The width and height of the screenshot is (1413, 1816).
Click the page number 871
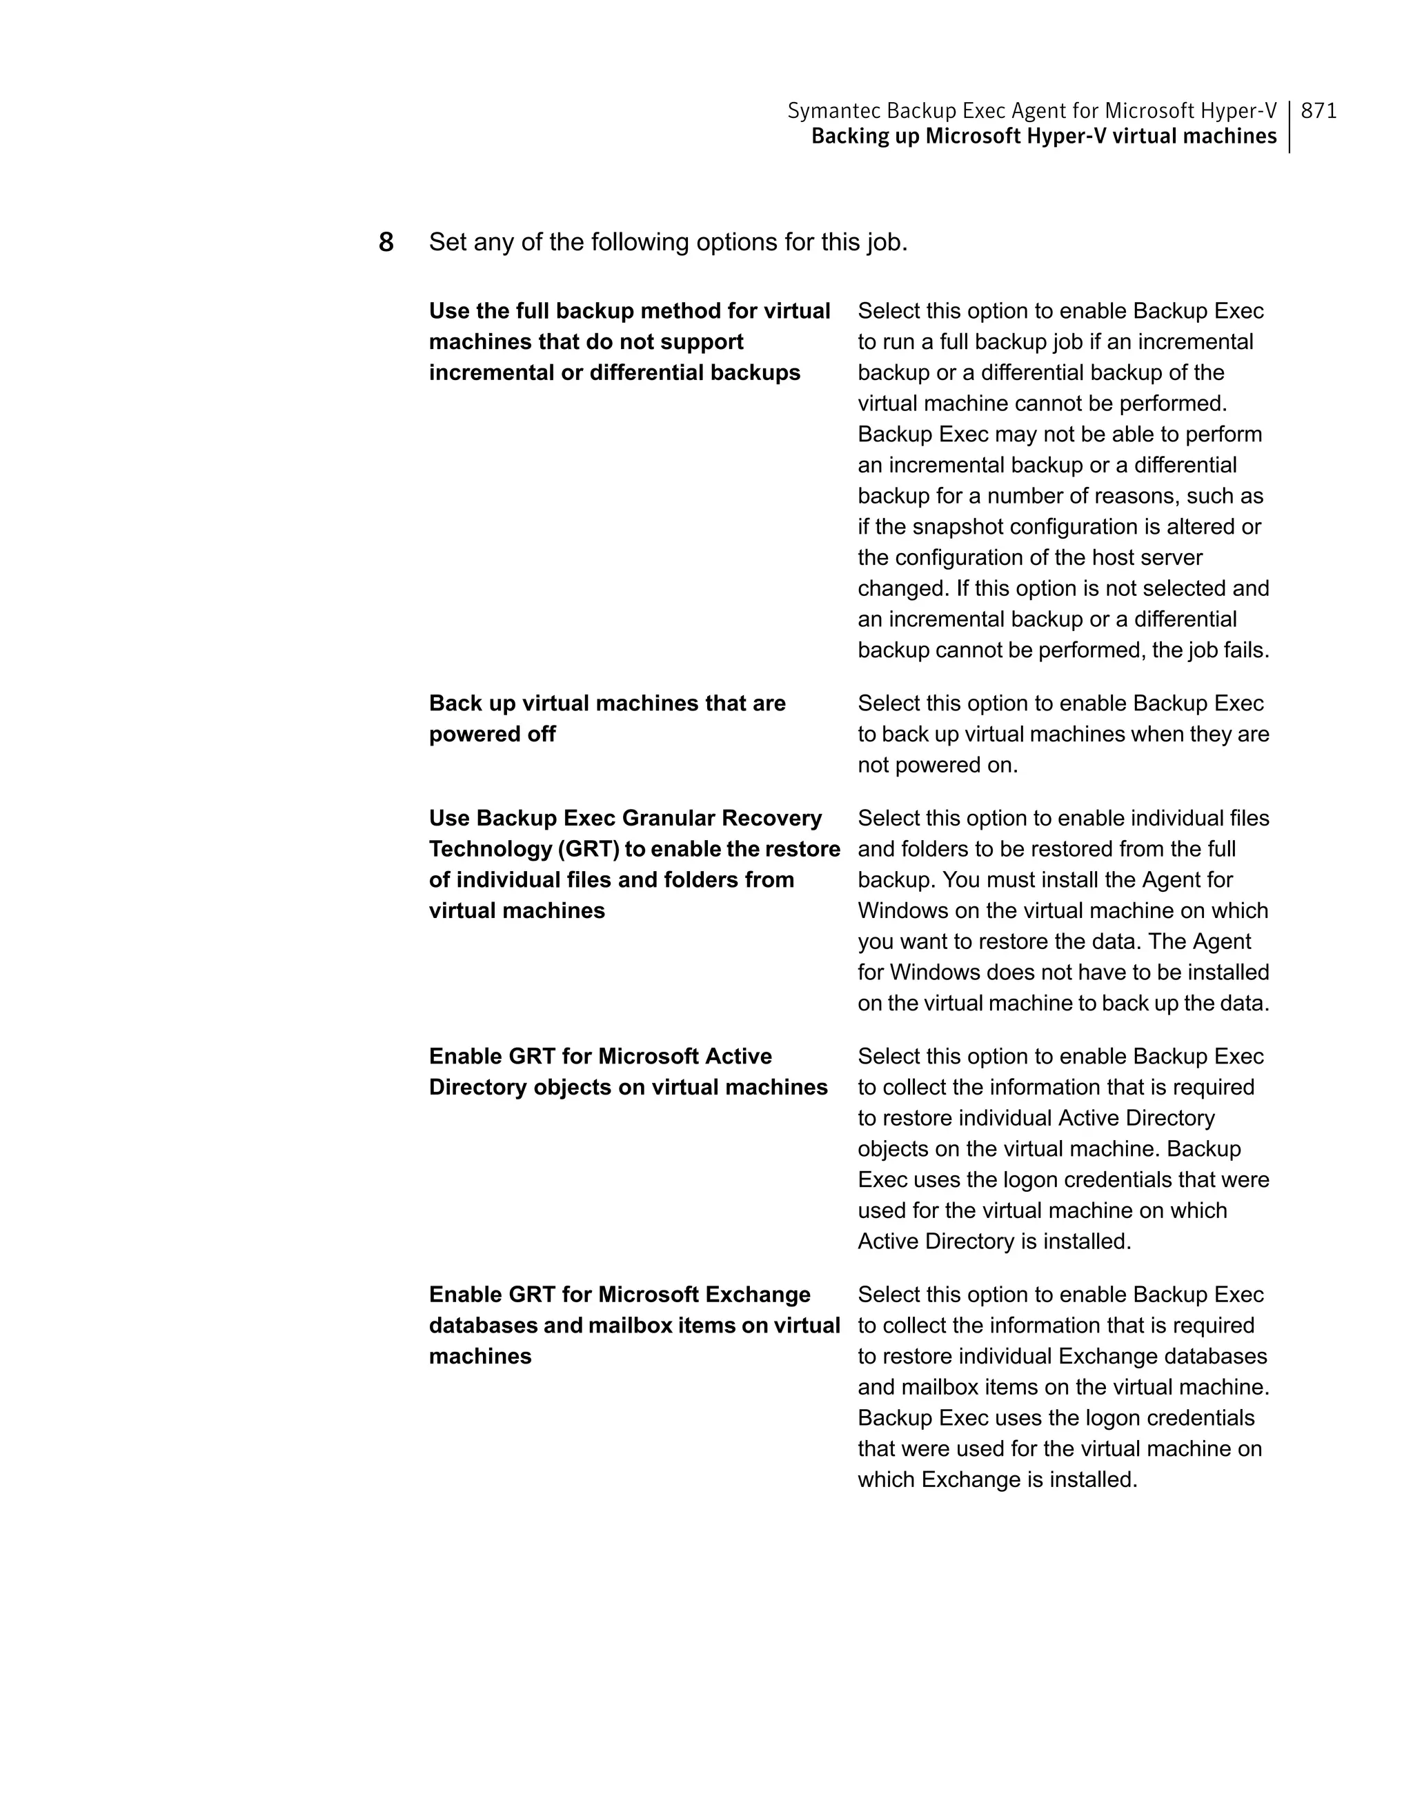coord(1318,110)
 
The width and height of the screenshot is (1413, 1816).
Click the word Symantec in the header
coord(833,110)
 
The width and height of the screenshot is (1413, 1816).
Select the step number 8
coord(386,243)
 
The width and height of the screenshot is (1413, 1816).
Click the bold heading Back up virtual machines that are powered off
coord(607,719)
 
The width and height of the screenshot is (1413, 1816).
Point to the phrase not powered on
coord(938,765)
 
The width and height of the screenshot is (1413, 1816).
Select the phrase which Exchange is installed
coord(997,1479)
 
